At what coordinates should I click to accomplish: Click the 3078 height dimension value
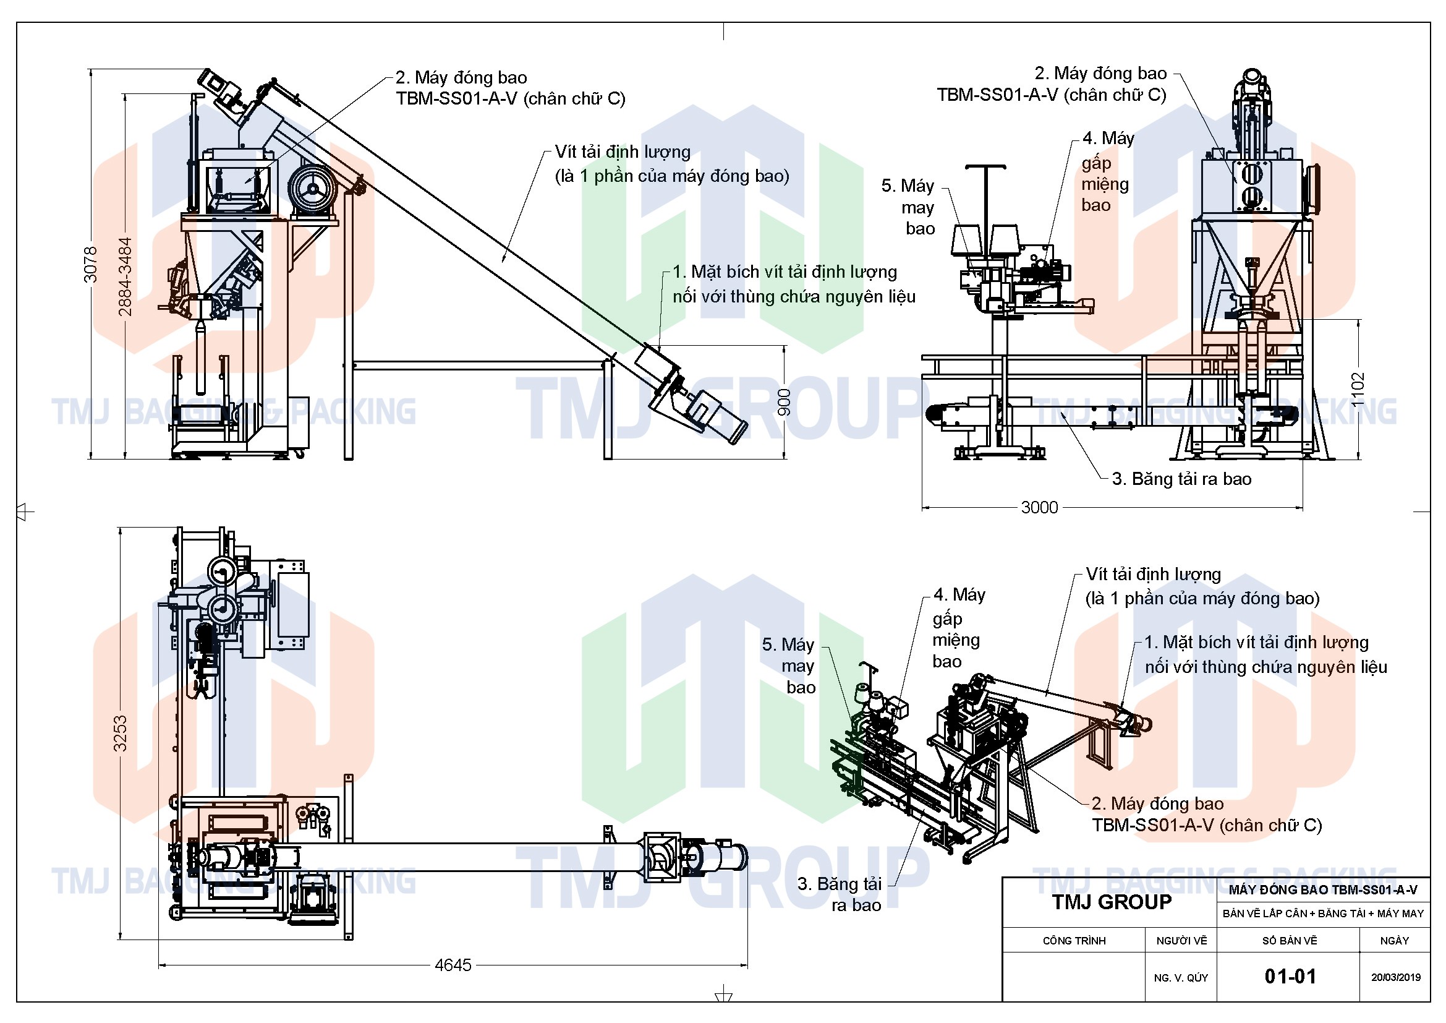[x=91, y=265]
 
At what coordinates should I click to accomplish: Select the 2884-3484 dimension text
[x=125, y=276]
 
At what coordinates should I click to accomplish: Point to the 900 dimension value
[x=785, y=402]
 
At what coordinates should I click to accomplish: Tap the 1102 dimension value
[x=1358, y=389]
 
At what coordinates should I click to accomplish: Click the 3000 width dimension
[x=1039, y=507]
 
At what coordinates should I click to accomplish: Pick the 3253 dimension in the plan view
[x=120, y=734]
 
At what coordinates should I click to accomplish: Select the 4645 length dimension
[x=453, y=964]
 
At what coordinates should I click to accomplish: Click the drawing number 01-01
[x=1290, y=977]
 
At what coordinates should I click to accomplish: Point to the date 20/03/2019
[x=1397, y=977]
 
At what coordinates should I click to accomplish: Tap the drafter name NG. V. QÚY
[x=1181, y=978]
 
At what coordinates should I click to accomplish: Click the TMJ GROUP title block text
[x=1112, y=902]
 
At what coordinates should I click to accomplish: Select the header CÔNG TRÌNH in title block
[x=1074, y=941]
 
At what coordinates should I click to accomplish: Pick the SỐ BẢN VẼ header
[x=1290, y=941]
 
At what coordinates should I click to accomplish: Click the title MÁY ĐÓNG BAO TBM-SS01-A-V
[x=1323, y=889]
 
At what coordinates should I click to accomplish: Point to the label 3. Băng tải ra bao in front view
[x=1182, y=479]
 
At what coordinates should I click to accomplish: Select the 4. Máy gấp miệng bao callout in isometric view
[x=959, y=627]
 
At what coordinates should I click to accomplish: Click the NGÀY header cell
[x=1394, y=941]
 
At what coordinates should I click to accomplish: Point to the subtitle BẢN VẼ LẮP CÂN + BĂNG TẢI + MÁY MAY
[x=1323, y=914]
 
